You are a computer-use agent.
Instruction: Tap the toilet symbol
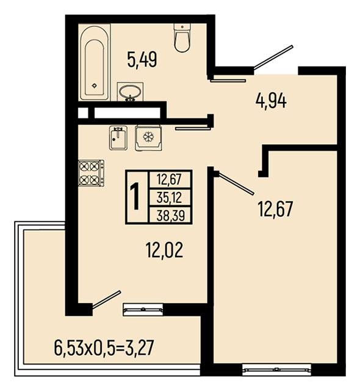182,38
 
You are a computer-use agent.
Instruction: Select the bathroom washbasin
130,92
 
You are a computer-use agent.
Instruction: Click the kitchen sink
118,138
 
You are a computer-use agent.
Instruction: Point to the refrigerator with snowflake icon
148,138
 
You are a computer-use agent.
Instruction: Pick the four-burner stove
91,173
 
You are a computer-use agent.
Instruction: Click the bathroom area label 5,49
142,60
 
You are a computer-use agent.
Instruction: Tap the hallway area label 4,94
271,100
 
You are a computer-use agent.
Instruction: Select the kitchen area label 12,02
164,250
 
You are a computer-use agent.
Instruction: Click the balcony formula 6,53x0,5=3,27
104,348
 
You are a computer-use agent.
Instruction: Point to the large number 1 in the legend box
136,196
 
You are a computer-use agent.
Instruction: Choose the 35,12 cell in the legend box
170,198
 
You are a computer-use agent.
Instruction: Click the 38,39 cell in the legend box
170,215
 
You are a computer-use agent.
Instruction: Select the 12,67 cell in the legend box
170,180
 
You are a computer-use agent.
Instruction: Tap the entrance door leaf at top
273,57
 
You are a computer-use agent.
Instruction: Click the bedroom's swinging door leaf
236,183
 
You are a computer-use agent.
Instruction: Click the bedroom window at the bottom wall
276,370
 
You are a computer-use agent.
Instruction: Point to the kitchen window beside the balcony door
143,310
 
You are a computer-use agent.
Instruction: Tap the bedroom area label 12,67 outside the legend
275,208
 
